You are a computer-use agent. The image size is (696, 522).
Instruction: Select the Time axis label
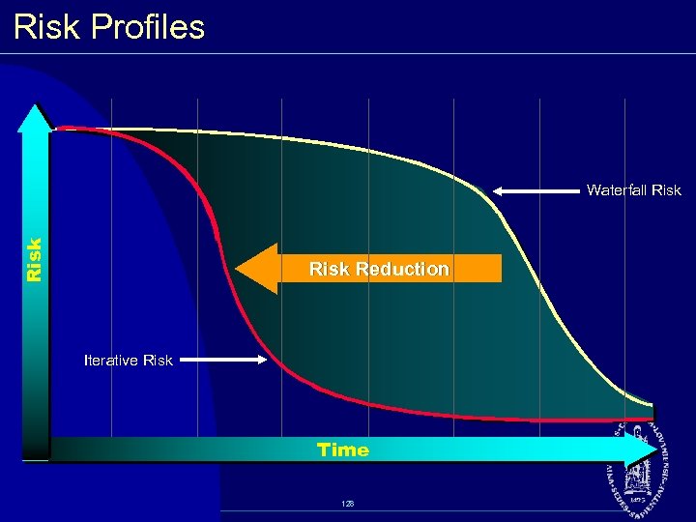(x=343, y=449)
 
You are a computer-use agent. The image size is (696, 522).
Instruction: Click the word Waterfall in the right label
(x=618, y=190)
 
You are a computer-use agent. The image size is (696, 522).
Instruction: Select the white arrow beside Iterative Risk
(x=220, y=361)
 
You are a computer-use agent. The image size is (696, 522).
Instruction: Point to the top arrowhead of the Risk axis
(x=36, y=108)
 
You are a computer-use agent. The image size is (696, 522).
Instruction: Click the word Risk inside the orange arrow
(x=330, y=269)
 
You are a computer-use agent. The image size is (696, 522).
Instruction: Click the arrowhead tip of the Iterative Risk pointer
(x=263, y=361)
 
